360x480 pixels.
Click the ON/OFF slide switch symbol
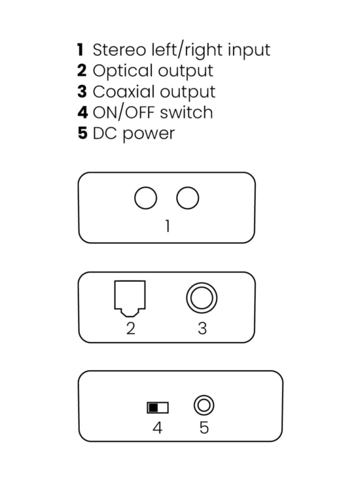[158, 407]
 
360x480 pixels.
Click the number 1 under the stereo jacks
[168, 226]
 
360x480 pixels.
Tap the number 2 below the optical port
[130, 328]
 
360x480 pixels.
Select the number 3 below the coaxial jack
[202, 328]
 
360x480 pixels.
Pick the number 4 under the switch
[157, 428]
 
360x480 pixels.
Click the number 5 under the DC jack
[204, 428]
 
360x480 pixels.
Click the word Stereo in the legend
[120, 50]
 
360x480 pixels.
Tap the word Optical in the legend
[123, 72]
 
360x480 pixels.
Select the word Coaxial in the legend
[124, 92]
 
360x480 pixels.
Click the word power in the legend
[149, 135]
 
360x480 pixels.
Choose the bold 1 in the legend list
[81, 50]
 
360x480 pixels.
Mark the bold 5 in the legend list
[82, 133]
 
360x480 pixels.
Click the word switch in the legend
[187, 112]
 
